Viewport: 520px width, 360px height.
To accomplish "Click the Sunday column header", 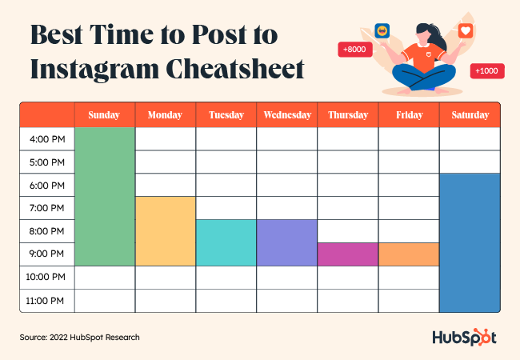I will pos(105,115).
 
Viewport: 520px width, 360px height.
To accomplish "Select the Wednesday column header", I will pos(287,115).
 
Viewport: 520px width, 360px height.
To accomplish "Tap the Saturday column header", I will pos(470,115).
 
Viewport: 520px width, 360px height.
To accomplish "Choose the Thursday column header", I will pos(348,115).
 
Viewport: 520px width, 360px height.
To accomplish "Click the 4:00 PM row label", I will pos(47,139).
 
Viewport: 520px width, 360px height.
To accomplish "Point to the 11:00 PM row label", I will pos(47,301).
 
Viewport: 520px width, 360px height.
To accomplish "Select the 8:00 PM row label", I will pos(47,231).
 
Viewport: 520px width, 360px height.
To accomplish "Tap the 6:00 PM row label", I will pos(47,186).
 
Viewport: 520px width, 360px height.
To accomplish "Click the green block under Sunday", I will pos(105,196).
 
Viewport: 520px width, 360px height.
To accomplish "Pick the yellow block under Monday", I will pos(166,230).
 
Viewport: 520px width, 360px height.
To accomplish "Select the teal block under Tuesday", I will pos(226,242).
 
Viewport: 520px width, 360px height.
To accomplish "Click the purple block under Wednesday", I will pos(287,242).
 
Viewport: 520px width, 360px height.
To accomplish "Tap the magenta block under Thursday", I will pos(348,254).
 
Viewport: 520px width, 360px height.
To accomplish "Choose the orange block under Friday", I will pos(409,254).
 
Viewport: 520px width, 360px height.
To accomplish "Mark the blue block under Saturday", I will pos(470,242).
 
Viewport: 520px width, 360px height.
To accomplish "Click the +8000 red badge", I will pos(353,50).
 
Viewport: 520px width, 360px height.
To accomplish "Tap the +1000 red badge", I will pos(486,71).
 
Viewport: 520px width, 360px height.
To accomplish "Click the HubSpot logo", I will pos(464,337).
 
